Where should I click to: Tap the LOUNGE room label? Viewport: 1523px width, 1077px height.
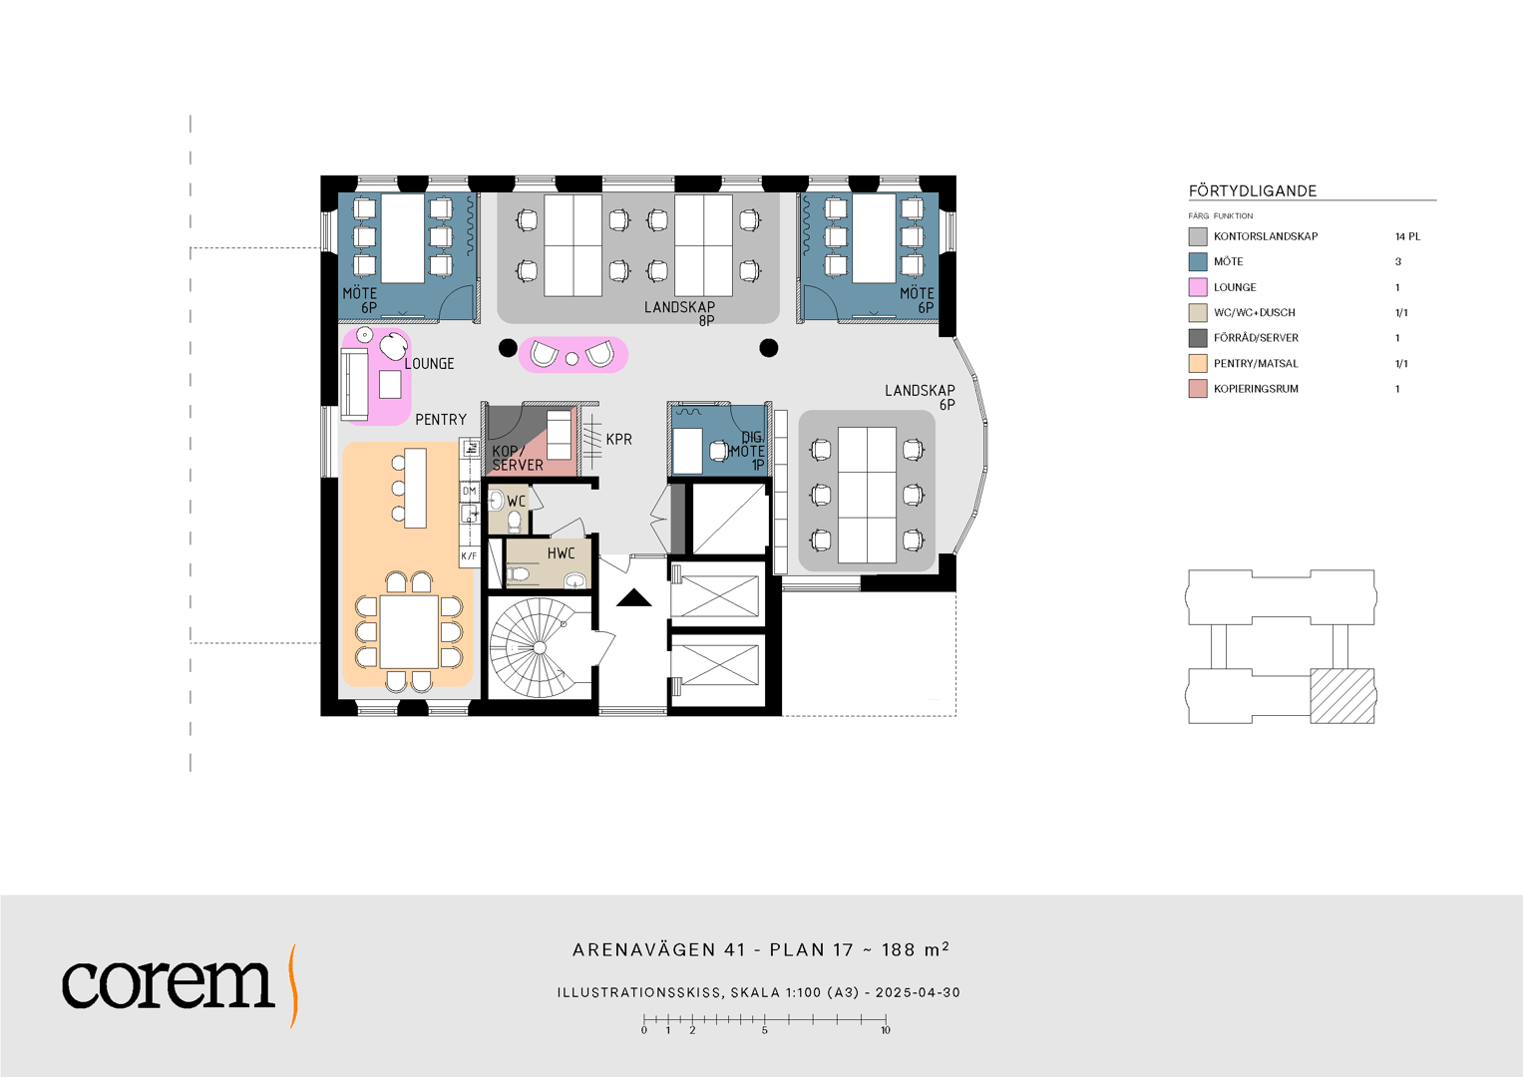point(429,364)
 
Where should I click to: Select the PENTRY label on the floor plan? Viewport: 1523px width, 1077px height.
point(441,420)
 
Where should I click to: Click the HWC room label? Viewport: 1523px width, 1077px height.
point(561,553)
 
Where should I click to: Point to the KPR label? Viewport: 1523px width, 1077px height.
point(618,439)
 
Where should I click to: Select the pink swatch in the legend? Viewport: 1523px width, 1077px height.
point(1197,287)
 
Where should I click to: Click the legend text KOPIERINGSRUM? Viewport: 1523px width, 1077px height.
point(1256,389)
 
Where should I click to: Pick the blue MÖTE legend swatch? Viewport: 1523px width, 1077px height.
point(1197,261)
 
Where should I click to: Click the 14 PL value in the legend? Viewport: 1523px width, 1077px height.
point(1407,236)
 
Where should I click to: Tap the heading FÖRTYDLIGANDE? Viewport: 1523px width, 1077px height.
point(1253,191)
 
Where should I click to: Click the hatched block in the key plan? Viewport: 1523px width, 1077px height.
point(1342,696)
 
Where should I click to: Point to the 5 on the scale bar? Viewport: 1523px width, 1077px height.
point(764,1030)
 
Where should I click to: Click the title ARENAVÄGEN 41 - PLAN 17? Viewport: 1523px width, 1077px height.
point(712,949)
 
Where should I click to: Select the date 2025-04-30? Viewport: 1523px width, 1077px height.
point(918,992)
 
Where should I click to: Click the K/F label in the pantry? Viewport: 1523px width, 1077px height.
point(469,556)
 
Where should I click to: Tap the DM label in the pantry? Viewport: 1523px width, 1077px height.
point(469,491)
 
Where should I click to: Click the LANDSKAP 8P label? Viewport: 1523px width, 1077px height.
point(680,313)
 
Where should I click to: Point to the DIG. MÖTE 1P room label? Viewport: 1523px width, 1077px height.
point(747,451)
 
